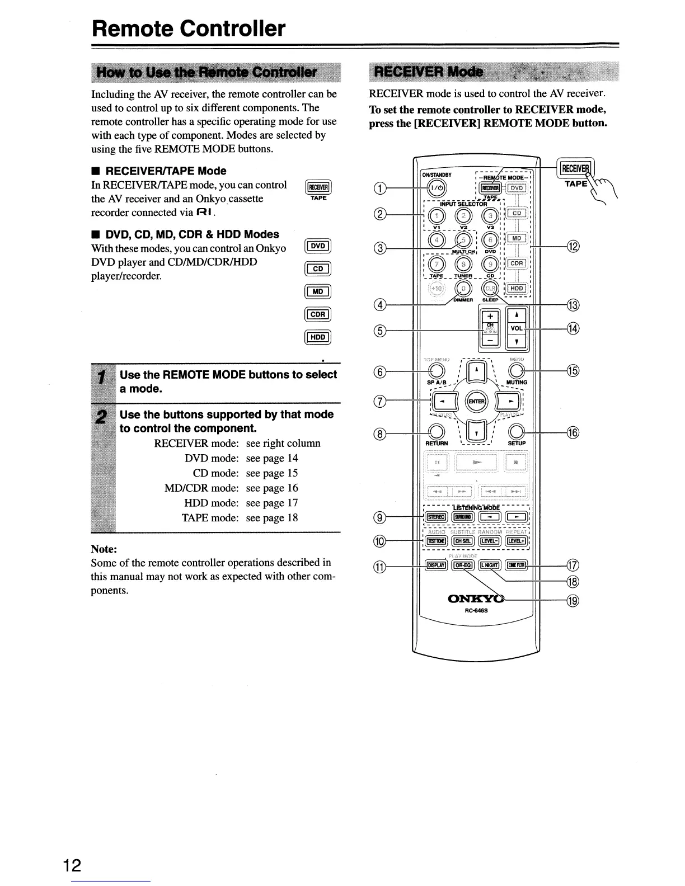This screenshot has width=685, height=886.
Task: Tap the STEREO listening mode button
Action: tap(435, 517)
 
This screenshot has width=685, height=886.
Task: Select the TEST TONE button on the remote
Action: tap(435, 541)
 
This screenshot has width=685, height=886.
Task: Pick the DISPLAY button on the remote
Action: tap(435, 565)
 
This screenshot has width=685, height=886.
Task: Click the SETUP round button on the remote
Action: tap(517, 430)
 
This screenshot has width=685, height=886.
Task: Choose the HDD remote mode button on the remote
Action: tap(517, 288)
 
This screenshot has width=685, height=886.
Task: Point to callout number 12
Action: tap(573, 246)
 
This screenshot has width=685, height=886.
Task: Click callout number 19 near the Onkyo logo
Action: tap(573, 601)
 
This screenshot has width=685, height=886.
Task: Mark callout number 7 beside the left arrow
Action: tap(380, 400)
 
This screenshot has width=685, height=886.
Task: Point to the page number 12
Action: tap(72, 866)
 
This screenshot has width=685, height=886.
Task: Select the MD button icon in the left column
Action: tap(318, 291)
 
